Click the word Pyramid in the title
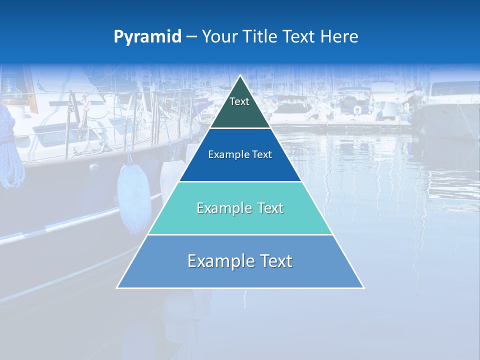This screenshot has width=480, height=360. (x=147, y=37)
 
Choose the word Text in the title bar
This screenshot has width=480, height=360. (x=299, y=37)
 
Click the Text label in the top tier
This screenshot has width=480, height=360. (x=239, y=101)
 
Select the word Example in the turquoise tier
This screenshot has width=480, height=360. (x=224, y=208)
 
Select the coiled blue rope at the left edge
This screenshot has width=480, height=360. (x=11, y=150)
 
